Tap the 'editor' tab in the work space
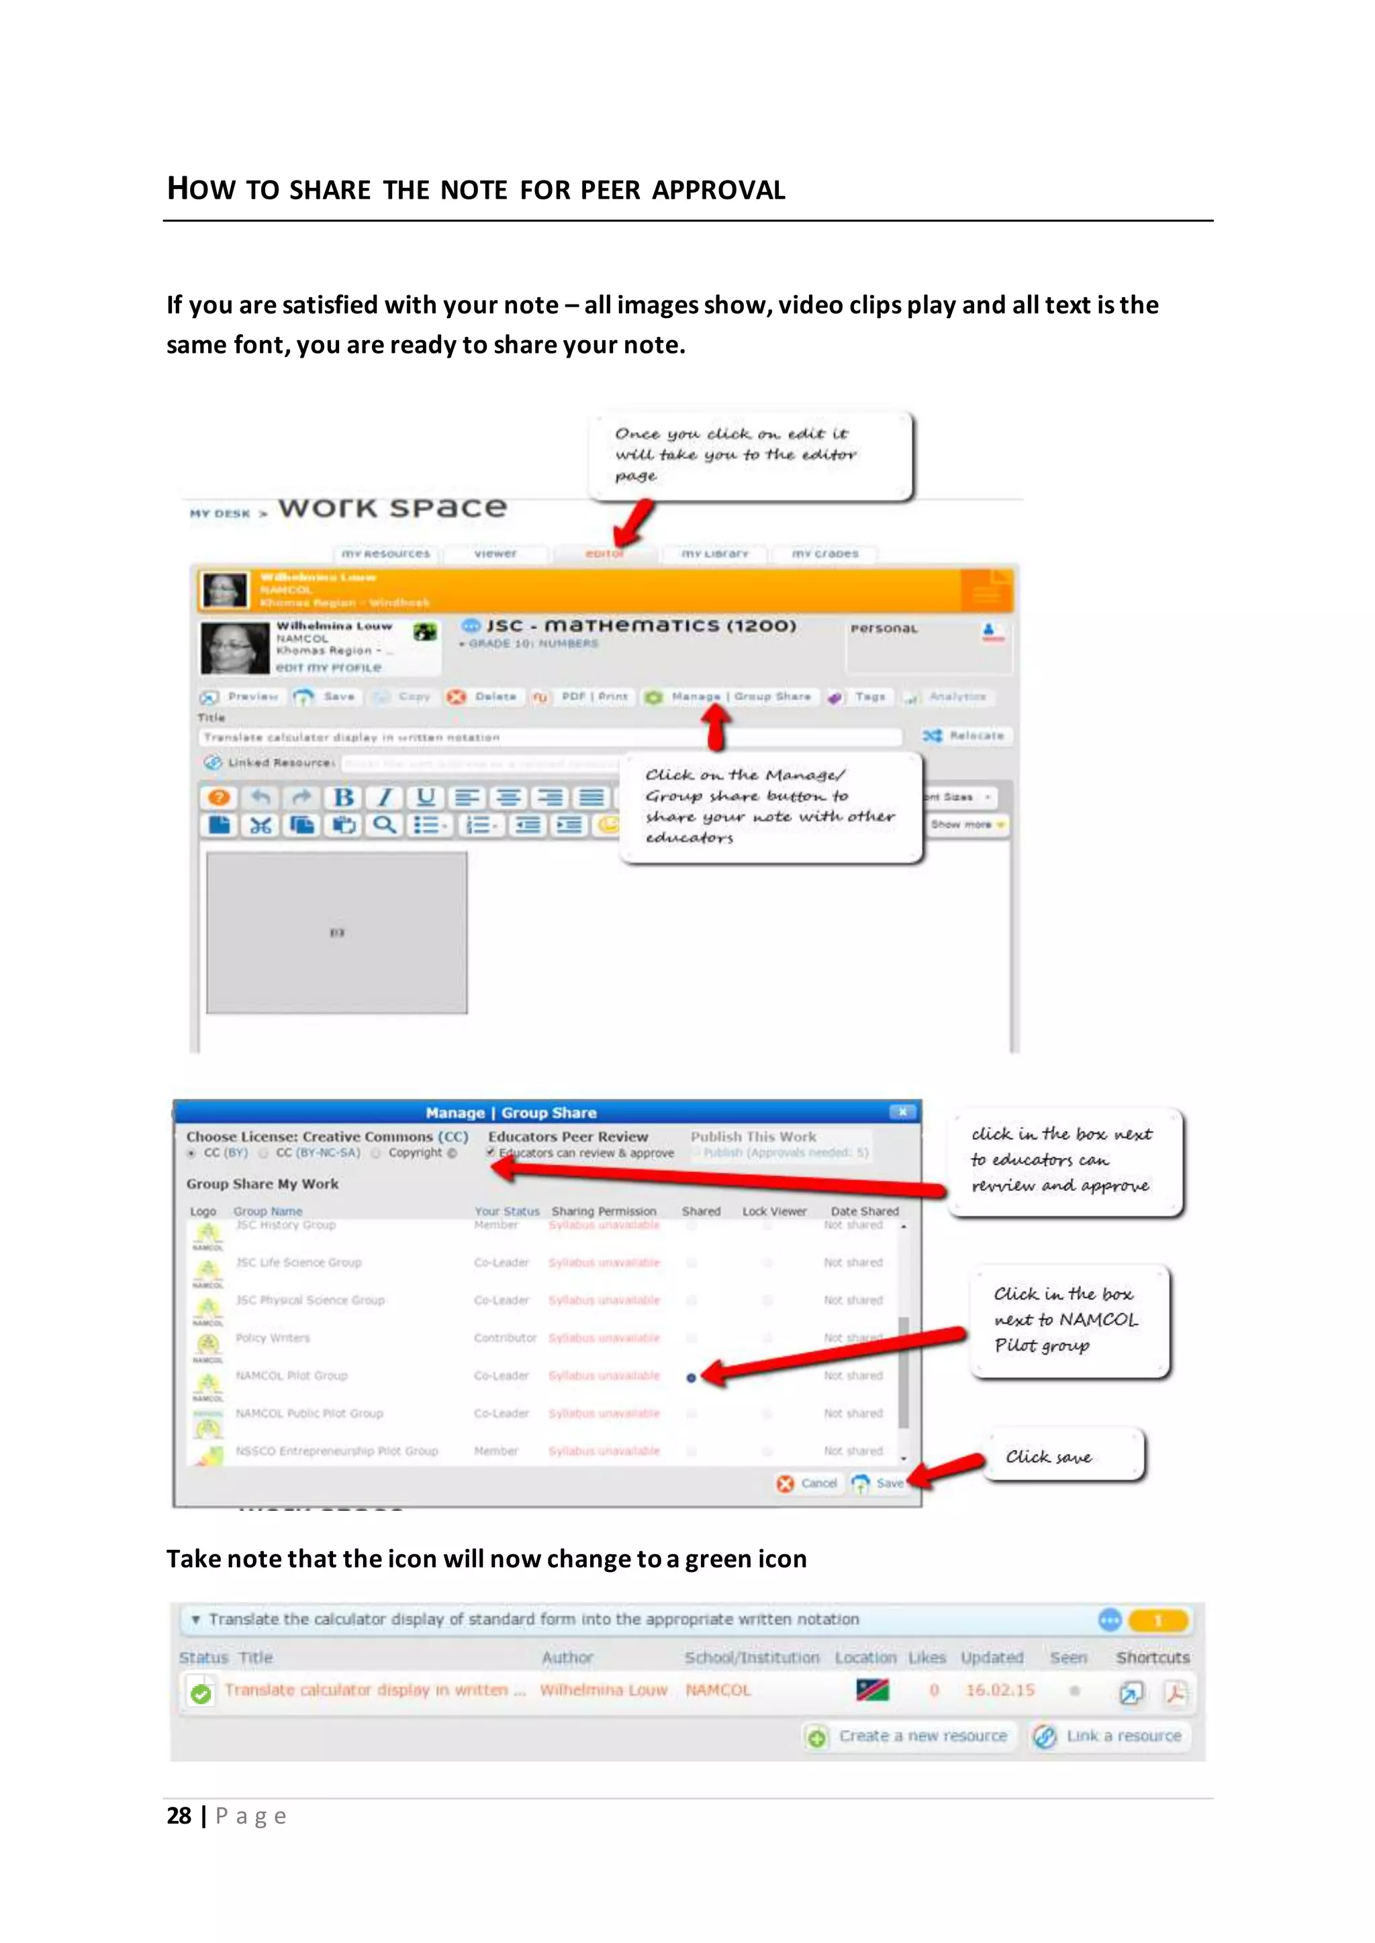tap(604, 554)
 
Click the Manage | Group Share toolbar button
tap(730, 696)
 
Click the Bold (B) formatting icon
tap(343, 797)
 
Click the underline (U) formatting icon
tap(425, 797)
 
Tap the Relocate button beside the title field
tap(966, 735)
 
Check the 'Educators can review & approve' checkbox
tap(491, 1153)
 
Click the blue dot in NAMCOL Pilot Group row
tap(691, 1377)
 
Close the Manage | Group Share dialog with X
tap(902, 1112)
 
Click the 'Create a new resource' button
tap(910, 1736)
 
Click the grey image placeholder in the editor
tap(336, 932)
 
